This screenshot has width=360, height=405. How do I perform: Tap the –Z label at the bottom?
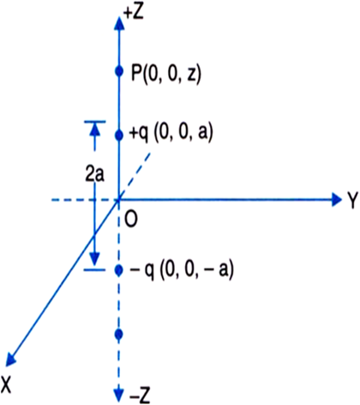click(140, 396)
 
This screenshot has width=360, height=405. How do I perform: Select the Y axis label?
click(352, 200)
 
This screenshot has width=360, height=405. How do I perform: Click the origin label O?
click(131, 219)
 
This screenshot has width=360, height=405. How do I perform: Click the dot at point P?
click(119, 71)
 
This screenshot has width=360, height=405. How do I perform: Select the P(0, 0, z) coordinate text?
click(166, 75)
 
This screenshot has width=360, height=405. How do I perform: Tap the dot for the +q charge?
click(119, 136)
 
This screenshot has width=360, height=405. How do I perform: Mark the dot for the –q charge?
click(119, 269)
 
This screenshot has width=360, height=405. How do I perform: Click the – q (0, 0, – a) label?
click(182, 269)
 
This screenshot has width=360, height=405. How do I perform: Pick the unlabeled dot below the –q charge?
click(119, 334)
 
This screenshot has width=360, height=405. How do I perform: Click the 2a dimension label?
click(95, 175)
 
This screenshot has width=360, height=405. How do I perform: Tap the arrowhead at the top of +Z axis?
click(119, 23)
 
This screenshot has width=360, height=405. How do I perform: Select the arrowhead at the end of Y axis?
click(336, 199)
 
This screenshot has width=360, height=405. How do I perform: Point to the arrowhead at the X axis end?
click(10, 360)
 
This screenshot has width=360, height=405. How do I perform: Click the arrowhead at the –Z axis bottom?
click(119, 395)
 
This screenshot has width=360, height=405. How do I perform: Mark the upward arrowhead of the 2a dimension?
click(95, 130)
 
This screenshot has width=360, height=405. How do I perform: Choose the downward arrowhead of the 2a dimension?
click(95, 259)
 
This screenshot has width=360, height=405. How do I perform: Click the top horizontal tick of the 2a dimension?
click(95, 122)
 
